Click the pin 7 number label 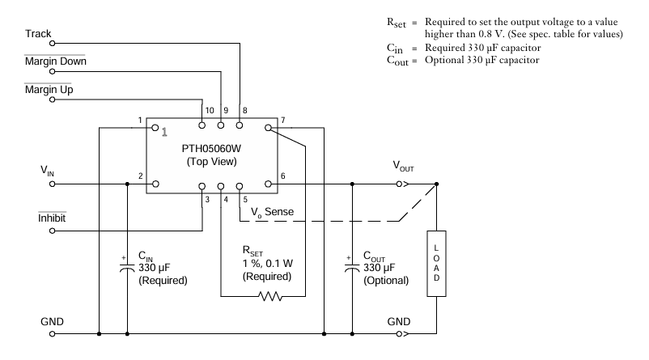coord(283,121)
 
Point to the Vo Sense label coord(271,212)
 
